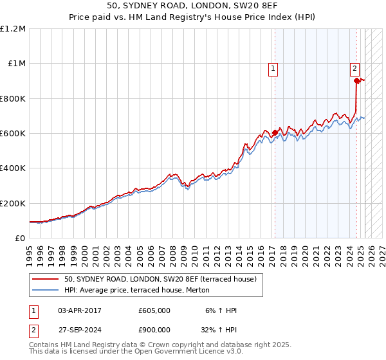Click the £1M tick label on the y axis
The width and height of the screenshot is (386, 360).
[15, 64]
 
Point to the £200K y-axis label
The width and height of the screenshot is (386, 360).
[12, 203]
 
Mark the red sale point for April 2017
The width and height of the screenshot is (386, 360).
[275, 132]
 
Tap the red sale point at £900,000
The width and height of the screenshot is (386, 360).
[356, 81]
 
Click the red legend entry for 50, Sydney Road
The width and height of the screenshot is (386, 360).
[160, 278]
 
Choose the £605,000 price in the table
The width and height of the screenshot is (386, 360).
[154, 310]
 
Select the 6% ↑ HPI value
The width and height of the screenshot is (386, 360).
[222, 310]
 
